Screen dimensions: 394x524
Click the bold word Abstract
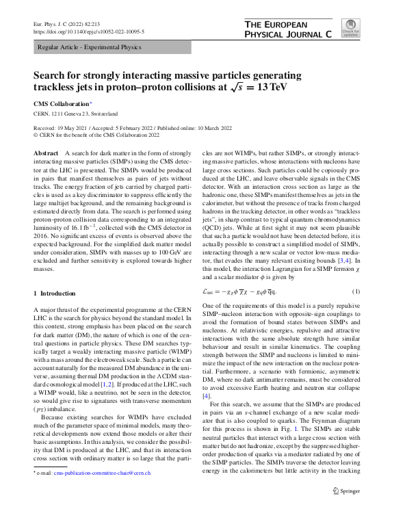tap(46, 153)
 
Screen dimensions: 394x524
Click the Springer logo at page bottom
tap(345, 490)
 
